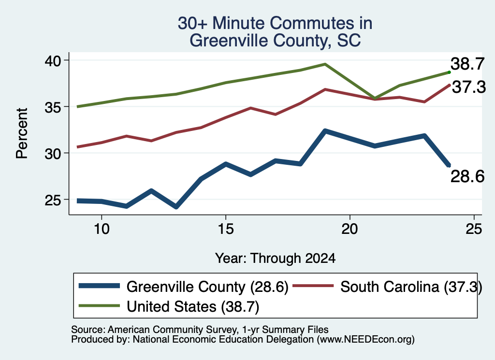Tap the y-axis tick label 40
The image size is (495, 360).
[x=53, y=60]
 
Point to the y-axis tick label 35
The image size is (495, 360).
[x=53, y=107]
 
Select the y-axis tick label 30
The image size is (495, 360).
[x=53, y=153]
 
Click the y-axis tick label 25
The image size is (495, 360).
[x=53, y=200]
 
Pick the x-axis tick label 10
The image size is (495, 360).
[x=102, y=229]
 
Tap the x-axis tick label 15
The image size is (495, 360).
[x=226, y=229]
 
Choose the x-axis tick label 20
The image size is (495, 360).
[x=350, y=229]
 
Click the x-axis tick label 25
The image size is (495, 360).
[x=474, y=229]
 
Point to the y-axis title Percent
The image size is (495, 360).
[x=22, y=133]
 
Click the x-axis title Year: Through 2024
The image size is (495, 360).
[x=275, y=258]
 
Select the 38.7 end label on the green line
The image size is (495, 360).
[x=467, y=64]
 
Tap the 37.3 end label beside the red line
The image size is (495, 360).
[x=469, y=87]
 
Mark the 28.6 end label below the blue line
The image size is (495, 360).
[x=467, y=176]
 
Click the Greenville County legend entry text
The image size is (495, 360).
[x=207, y=287]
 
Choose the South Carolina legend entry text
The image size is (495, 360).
[x=411, y=287]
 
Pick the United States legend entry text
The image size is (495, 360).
[x=193, y=306]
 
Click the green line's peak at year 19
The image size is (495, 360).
[x=325, y=64]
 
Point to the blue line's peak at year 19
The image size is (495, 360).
[x=325, y=131]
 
